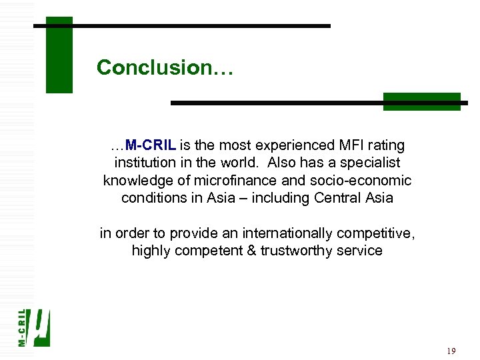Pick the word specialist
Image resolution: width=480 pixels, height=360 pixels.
372,163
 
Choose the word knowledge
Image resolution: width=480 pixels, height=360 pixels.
136,181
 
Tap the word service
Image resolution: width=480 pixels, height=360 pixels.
360,251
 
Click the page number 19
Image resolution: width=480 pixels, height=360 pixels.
451,351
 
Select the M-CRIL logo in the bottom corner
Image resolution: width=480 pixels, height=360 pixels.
33,327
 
